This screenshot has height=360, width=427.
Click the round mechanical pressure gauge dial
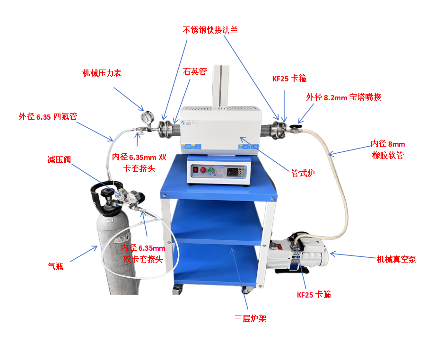[x=149, y=117]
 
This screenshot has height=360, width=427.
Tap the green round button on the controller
[x=210, y=170]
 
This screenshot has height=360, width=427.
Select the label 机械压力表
[x=102, y=73]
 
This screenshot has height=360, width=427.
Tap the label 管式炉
[x=303, y=173]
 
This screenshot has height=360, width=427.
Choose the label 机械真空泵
[x=396, y=259]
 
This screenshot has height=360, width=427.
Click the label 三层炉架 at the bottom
[x=250, y=318]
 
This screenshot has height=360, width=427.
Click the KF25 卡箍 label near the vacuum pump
[x=314, y=294]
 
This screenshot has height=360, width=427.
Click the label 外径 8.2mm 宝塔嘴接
[x=343, y=97]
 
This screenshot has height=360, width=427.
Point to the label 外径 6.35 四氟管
[x=48, y=116]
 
